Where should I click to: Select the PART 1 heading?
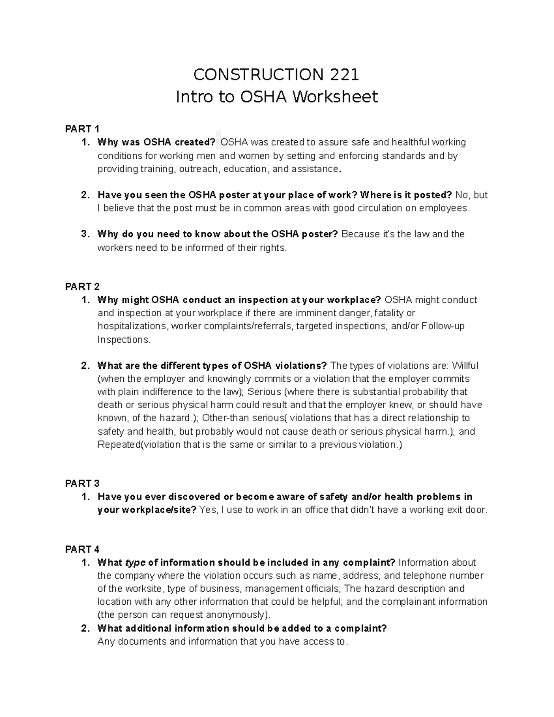pyautogui.click(x=82, y=129)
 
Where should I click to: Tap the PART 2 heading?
pyautogui.click(x=82, y=287)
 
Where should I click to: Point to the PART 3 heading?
pyautogui.click(x=82, y=483)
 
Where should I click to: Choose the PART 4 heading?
pyautogui.click(x=82, y=549)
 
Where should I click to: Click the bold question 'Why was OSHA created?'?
pyautogui.click(x=156, y=142)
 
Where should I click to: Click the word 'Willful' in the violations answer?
pyautogui.click(x=464, y=366)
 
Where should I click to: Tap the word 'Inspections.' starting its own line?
pyautogui.click(x=124, y=340)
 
